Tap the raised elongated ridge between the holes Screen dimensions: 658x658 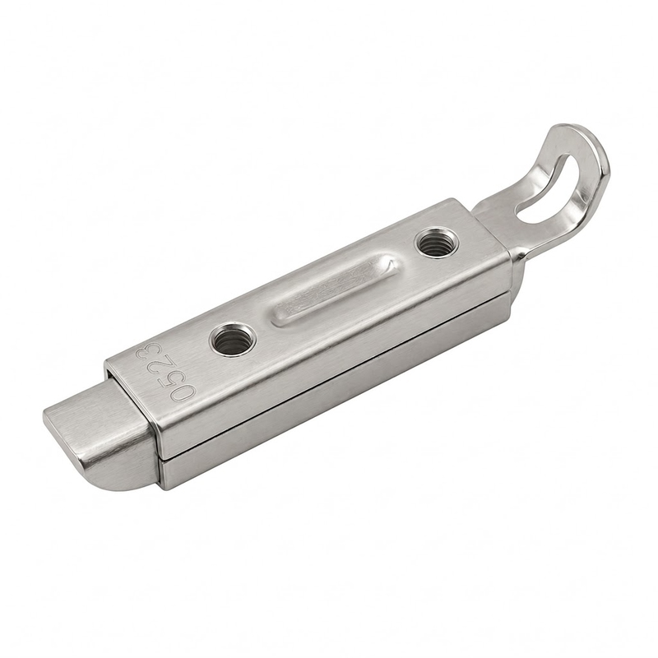click(336, 290)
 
